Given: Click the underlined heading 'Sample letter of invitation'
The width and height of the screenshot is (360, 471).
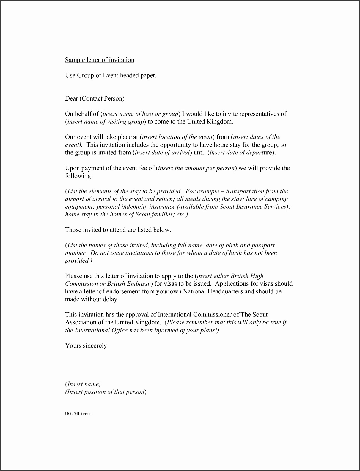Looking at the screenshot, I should click(100, 60).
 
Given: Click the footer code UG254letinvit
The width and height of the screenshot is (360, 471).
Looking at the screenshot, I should click(78, 414).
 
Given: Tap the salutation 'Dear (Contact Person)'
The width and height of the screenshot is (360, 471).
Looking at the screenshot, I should click(95, 98).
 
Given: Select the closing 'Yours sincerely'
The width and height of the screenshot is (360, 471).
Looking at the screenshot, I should click(86, 346).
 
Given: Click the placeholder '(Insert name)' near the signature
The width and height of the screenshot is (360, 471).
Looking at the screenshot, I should click(83, 384).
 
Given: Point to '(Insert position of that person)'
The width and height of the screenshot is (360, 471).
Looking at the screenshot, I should click(106, 392).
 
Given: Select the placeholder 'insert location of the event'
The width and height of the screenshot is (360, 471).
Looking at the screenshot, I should click(177, 137).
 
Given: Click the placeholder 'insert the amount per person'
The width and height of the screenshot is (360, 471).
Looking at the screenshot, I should click(196, 168).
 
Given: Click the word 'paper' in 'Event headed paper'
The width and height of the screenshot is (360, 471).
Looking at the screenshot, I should click(147, 76).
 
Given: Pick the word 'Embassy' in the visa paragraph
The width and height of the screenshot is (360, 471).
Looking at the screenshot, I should click(139, 284).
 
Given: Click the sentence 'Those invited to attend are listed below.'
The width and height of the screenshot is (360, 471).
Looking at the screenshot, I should click(118, 230).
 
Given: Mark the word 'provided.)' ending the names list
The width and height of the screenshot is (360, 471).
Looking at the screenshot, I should click(78, 261).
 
